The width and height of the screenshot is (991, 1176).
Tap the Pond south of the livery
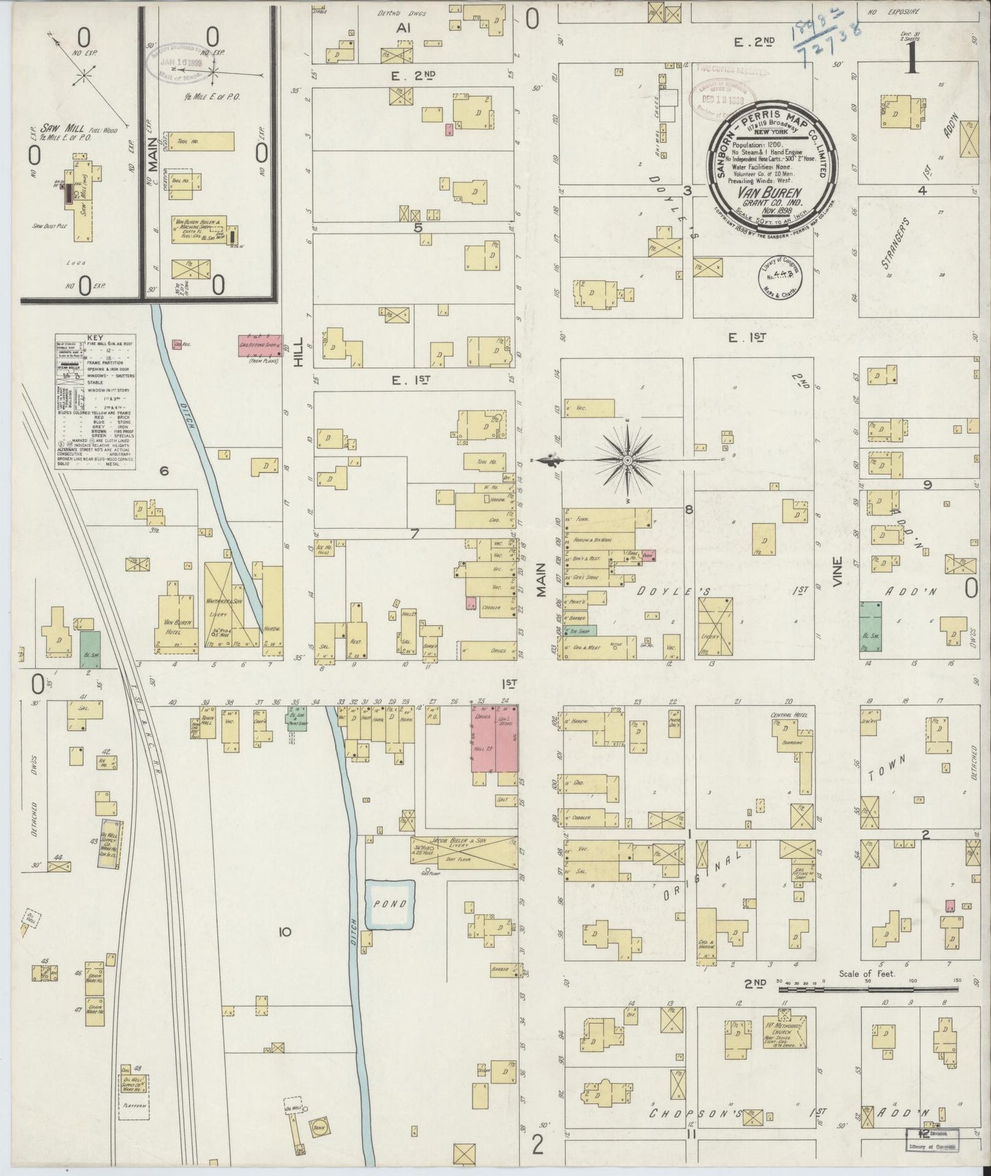(390, 904)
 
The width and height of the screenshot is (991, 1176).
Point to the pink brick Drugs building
(483, 744)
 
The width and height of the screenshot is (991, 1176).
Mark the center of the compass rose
(627, 460)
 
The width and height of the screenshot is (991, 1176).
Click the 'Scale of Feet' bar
(868, 989)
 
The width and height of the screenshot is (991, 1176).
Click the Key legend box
(94, 401)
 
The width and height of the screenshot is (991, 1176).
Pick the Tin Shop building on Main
(578, 629)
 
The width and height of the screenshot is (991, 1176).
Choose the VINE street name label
(837, 580)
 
